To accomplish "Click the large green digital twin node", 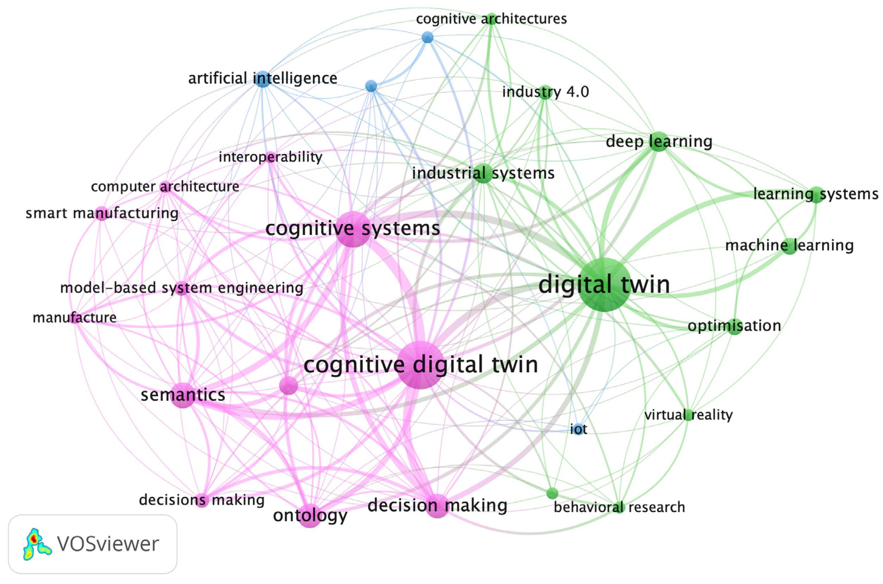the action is point(604,285).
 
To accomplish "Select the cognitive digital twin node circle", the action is point(421,364).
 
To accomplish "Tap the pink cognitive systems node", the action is point(353,229).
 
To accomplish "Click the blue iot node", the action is point(577,429).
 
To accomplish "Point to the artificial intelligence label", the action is point(263,78).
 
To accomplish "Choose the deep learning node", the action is point(659,142).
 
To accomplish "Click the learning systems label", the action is point(816,194).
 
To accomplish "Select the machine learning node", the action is point(790,246).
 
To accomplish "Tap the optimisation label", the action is point(734,326).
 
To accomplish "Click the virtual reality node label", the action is point(688,415).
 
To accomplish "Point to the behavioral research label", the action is point(619,507).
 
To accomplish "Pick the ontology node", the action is point(310,516).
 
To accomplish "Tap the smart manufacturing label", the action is point(102,213).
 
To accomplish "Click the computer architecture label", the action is point(165,187).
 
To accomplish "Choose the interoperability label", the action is point(270,157).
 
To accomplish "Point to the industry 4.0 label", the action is point(546,92).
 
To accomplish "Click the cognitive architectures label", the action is point(491,19).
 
